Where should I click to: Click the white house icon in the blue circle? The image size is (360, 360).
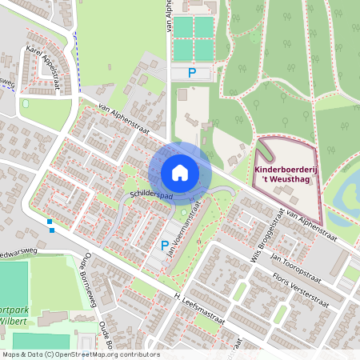click(180, 172)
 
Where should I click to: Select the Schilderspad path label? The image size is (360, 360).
click(150, 194)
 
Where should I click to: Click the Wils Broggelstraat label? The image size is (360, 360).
click(270, 236)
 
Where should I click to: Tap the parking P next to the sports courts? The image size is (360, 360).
click(192, 73)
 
